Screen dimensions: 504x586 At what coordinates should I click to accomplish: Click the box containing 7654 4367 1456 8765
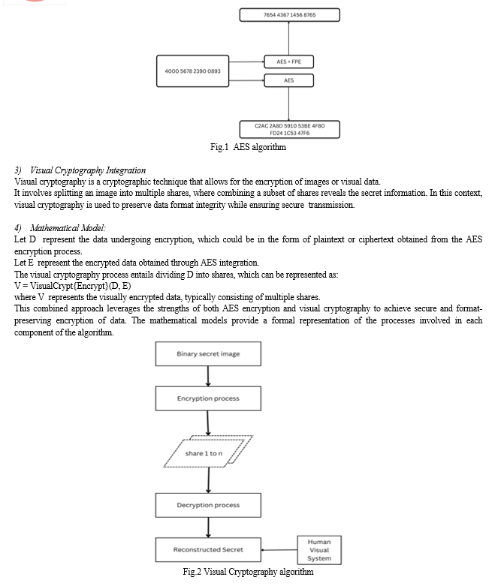[290, 15]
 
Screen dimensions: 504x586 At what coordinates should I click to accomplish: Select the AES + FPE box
[289, 62]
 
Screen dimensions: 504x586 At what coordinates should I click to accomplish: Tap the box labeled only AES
[289, 80]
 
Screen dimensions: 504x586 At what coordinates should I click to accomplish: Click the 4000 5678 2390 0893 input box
[193, 71]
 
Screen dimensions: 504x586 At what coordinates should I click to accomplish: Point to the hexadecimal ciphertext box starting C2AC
[290, 129]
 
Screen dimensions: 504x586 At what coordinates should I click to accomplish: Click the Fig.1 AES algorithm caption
[248, 147]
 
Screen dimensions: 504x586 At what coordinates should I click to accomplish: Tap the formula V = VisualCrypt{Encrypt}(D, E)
[73, 286]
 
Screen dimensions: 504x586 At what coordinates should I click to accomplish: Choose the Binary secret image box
[208, 354]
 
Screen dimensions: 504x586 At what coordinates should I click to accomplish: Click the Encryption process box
[208, 398]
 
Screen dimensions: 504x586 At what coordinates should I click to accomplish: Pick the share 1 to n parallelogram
[208, 452]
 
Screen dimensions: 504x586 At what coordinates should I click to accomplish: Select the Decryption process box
[208, 505]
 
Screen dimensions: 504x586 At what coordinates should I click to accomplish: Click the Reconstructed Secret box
[208, 550]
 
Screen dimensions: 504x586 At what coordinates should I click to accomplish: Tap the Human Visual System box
[319, 550]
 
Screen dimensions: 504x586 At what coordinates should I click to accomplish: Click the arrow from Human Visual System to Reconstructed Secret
[279, 550]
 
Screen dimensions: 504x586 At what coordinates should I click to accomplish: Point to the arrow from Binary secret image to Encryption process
[208, 377]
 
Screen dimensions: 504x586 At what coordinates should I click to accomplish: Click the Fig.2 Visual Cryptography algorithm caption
[248, 572]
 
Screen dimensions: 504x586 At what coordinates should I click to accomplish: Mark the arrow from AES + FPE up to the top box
[289, 38]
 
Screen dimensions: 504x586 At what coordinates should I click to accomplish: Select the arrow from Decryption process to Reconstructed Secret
[208, 527]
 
